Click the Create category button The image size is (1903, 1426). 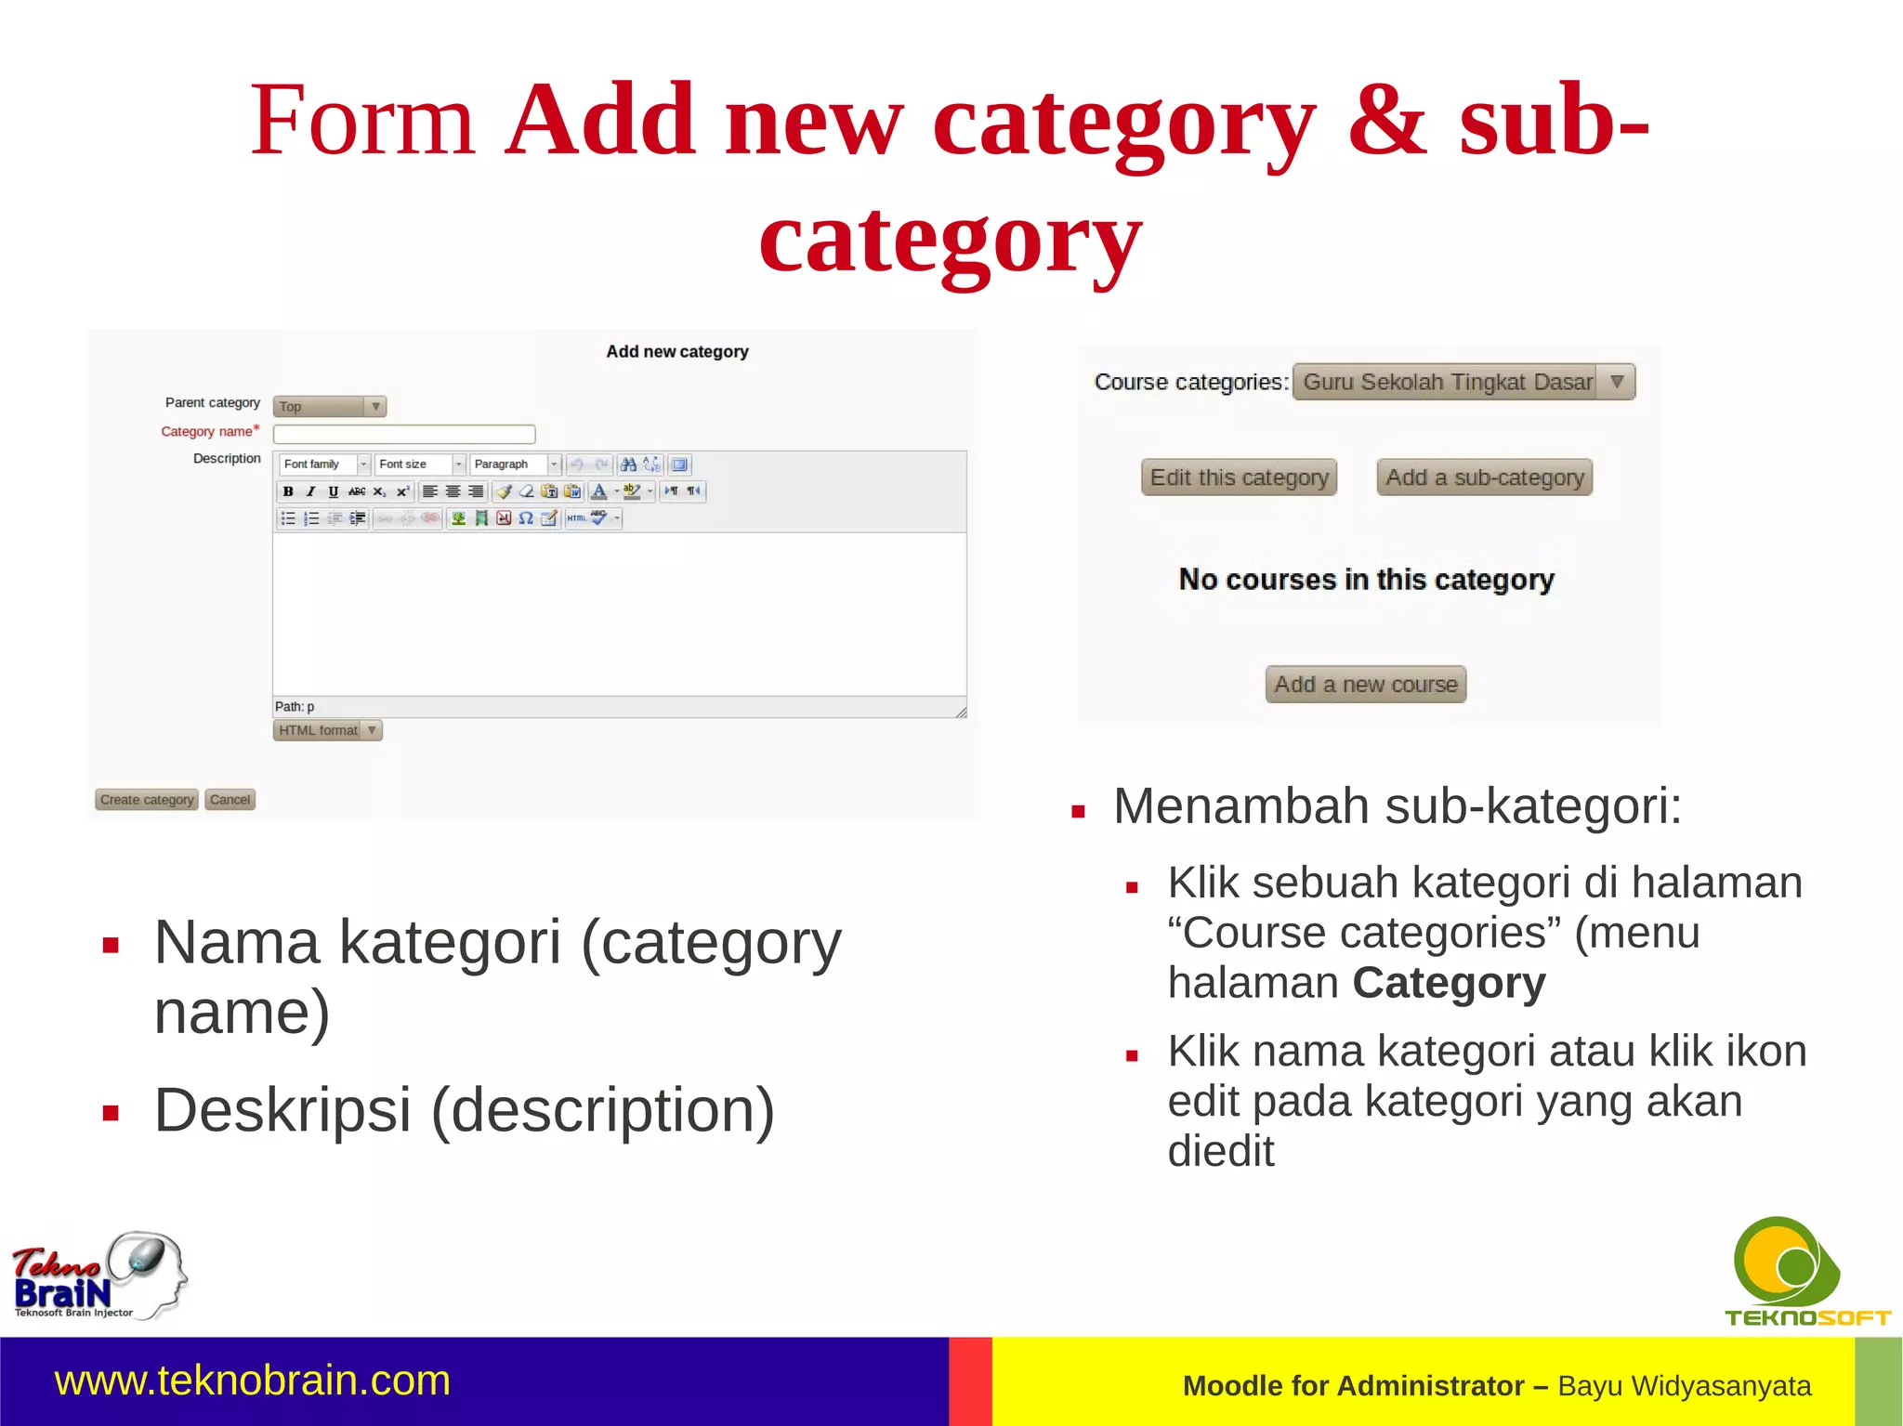147,800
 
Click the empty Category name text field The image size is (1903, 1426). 404,434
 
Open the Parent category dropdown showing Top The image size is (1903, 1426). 329,407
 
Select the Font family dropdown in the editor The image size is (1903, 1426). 324,464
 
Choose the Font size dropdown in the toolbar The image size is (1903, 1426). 419,464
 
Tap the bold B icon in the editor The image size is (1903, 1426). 288,491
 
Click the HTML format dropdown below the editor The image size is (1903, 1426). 327,730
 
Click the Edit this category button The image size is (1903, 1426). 1239,478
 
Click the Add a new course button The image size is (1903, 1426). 1365,685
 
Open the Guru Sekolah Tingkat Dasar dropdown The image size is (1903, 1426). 1463,382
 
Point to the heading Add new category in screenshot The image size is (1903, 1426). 676,352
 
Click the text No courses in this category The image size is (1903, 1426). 1366,580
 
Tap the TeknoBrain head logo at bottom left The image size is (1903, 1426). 99,1276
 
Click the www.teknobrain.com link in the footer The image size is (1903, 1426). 253,1380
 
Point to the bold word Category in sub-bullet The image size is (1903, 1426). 1449,983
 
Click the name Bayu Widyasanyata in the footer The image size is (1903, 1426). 1684,1386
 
